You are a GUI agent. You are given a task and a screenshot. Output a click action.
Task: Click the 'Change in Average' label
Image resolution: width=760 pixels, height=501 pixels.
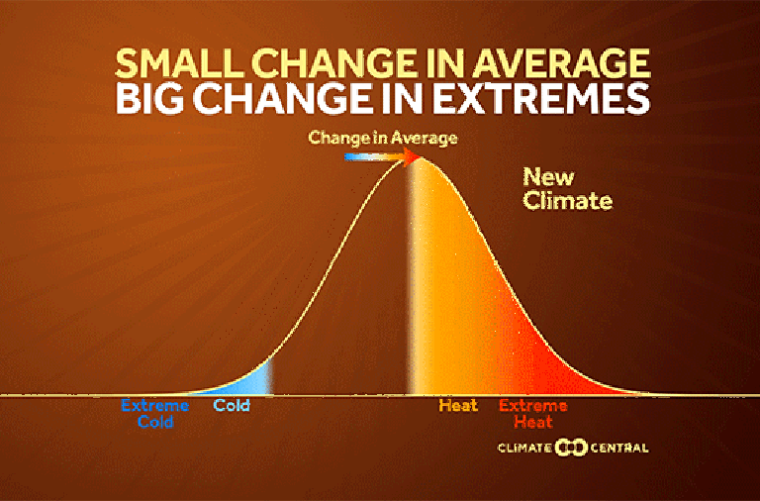click(383, 138)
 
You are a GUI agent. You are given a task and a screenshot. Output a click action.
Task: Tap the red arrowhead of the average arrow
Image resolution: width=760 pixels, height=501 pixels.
click(412, 156)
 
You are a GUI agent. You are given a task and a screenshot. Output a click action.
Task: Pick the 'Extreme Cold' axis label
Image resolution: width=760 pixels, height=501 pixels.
click(155, 413)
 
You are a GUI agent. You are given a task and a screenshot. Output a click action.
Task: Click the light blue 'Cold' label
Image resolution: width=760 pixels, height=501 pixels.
click(232, 405)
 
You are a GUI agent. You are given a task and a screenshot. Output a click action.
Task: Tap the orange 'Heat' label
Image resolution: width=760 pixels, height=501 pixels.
click(458, 405)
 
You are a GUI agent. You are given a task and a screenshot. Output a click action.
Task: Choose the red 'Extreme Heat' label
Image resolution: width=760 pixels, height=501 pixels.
click(533, 413)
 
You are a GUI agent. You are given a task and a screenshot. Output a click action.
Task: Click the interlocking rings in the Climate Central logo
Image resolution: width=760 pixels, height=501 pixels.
click(571, 448)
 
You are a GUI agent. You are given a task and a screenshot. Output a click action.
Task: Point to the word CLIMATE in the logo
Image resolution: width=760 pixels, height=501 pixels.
click(524, 448)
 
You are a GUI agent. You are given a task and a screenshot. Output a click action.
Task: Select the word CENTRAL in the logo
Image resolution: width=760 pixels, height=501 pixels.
click(619, 448)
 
